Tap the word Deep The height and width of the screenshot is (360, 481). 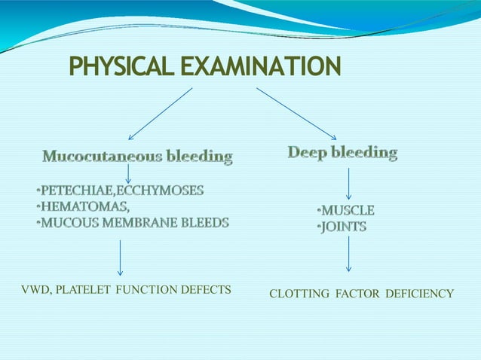point(307,153)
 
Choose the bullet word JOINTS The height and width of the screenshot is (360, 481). point(344,226)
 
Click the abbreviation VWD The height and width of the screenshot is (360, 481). point(33,289)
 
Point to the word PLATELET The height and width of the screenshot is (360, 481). point(85,289)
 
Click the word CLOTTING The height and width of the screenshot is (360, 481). point(299,294)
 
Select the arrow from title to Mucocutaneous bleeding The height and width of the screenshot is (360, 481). point(160,114)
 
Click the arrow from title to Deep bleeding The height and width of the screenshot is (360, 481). point(296,113)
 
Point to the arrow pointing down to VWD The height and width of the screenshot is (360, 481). point(120,258)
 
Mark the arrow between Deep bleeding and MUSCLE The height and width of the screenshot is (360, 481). point(348,184)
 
